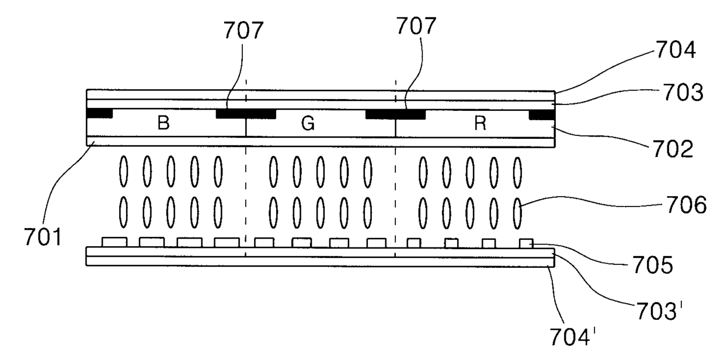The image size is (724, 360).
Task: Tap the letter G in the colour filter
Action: point(308,124)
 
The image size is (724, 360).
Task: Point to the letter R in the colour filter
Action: point(480,124)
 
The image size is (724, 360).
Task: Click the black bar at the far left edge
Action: point(99,113)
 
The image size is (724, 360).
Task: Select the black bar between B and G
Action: point(245,113)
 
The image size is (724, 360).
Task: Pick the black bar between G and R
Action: point(395,113)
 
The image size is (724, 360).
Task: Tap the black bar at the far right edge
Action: point(541,114)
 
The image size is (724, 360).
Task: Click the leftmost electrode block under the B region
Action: point(114,242)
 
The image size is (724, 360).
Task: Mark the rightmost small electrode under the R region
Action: point(525,243)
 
